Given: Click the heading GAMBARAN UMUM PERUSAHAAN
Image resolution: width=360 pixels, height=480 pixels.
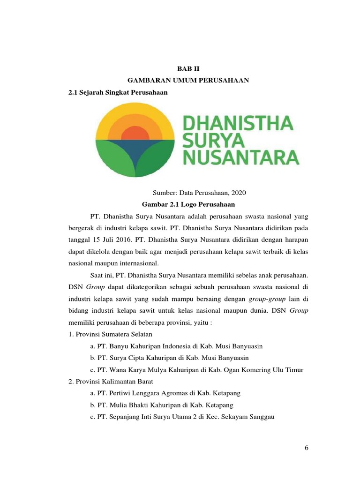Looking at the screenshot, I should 188,81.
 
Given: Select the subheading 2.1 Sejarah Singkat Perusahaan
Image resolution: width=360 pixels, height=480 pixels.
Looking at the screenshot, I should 118,93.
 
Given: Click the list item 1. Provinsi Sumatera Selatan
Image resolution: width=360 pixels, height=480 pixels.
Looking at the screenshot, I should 112,334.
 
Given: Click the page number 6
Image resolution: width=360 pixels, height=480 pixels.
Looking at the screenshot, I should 306,448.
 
